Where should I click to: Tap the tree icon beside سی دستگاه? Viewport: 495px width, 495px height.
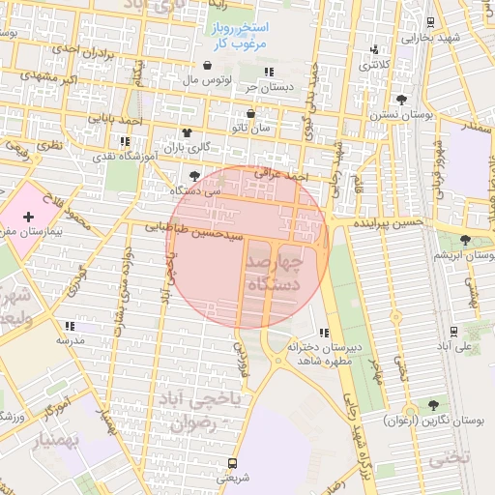[x=196, y=176]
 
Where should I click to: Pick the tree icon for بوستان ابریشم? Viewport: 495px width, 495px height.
[x=466, y=240]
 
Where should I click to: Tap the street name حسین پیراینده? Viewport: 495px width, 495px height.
[x=388, y=222]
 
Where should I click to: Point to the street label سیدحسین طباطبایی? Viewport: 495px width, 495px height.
[x=204, y=230]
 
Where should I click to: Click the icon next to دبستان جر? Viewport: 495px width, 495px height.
[x=270, y=72]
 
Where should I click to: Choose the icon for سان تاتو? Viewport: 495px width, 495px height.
[x=251, y=113]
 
